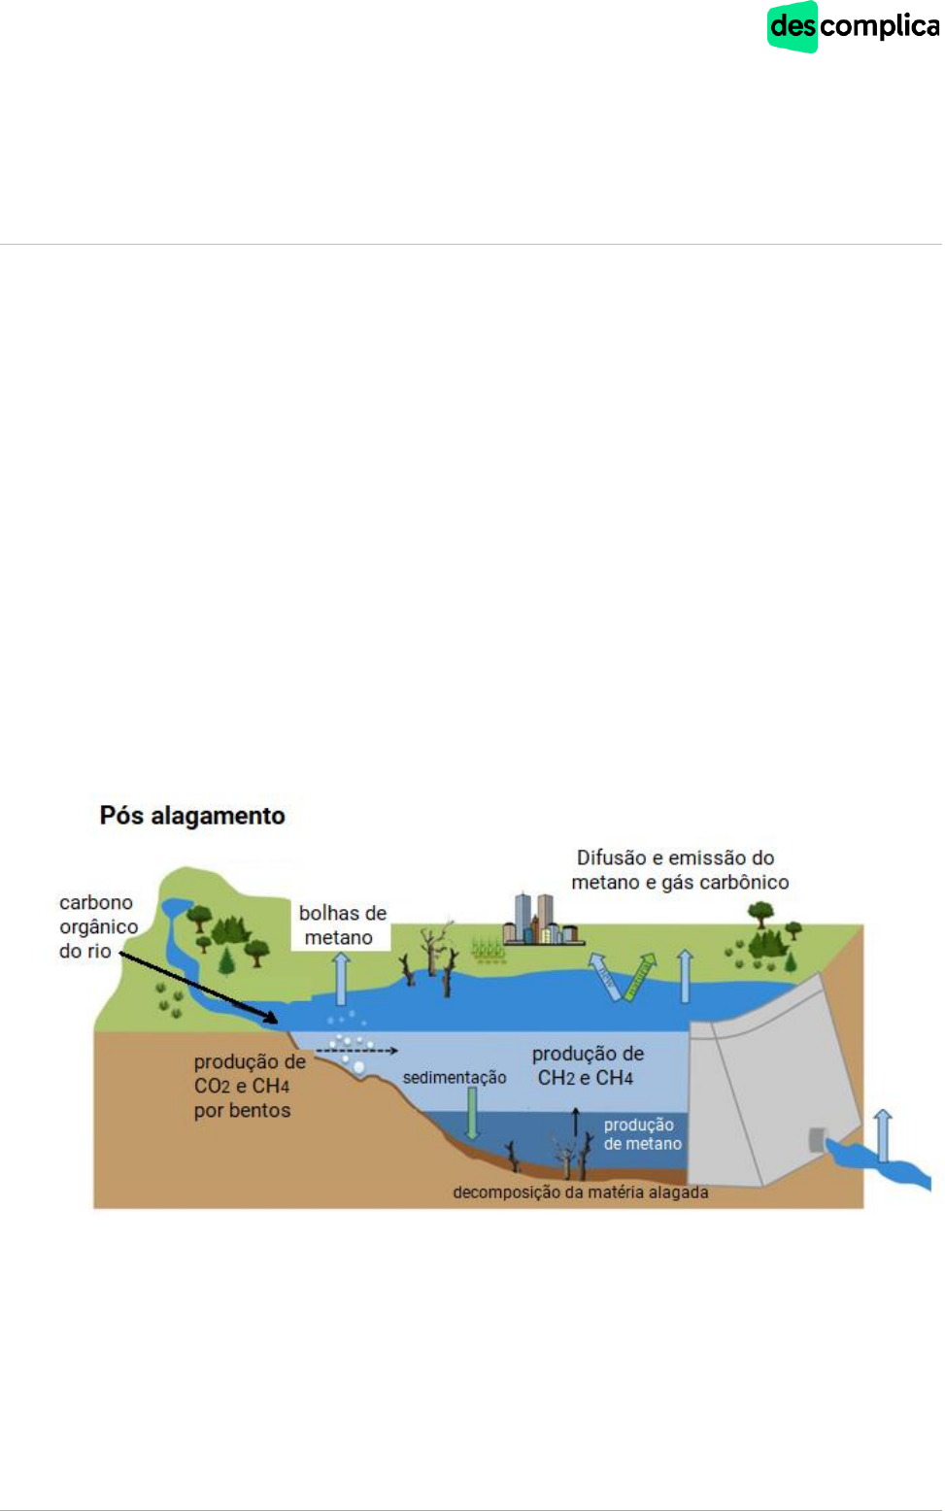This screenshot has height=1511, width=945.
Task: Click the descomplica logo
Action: click(x=853, y=26)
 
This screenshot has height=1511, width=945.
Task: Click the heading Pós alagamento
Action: click(x=192, y=816)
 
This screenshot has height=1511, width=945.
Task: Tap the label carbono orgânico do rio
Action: click(x=97, y=926)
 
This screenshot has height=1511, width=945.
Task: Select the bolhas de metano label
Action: click(x=341, y=925)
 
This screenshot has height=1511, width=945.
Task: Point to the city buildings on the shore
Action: click(x=539, y=919)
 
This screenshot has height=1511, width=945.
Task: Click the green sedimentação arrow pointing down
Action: click(x=472, y=1112)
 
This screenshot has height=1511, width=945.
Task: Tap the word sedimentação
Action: click(x=455, y=1078)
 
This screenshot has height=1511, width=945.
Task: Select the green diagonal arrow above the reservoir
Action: click(x=638, y=977)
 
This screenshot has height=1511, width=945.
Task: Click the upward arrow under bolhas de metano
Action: click(x=341, y=979)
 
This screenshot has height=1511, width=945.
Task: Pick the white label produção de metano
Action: click(x=642, y=1134)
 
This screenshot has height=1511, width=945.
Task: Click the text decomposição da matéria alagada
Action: click(x=580, y=1192)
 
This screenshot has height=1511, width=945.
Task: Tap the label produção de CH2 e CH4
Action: click(x=587, y=1065)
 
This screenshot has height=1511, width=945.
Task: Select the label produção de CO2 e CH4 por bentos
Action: click(x=249, y=1086)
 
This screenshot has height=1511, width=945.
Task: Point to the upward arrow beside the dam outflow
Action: click(x=883, y=1134)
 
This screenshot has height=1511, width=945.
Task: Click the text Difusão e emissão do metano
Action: click(x=679, y=870)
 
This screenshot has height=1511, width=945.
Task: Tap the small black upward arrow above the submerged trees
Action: click(x=575, y=1122)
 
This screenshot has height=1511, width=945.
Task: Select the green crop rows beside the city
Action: click(x=488, y=949)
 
